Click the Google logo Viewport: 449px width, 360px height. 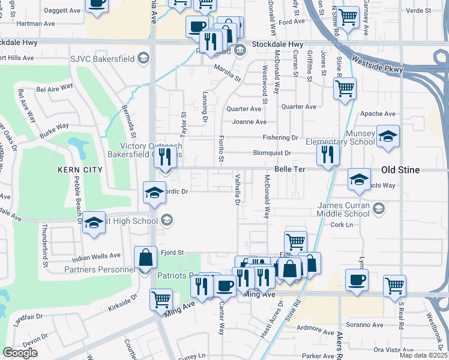20,352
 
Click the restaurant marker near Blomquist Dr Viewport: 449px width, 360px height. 328,152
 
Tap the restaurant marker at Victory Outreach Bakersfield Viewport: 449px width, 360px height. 166,157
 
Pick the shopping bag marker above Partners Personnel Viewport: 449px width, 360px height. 145,258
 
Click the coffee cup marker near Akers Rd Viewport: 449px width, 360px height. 357,280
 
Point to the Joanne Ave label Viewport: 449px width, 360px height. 249,122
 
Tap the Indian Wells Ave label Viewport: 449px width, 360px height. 97,256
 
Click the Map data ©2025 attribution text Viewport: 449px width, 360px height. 423,355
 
